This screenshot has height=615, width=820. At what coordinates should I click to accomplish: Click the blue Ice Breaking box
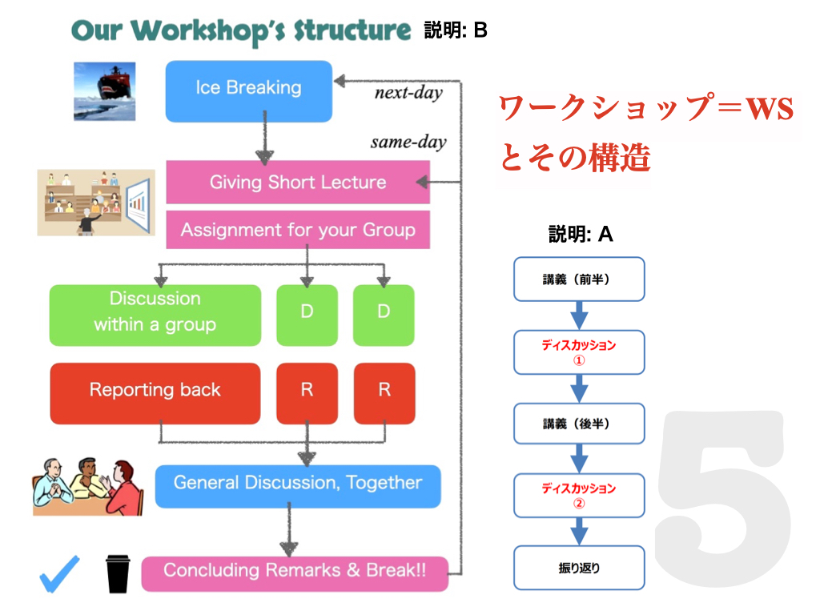(249, 91)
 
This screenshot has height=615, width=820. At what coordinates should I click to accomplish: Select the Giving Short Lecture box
(298, 182)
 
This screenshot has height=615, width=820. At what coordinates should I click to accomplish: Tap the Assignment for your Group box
(298, 230)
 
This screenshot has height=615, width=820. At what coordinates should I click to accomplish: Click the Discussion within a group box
(155, 316)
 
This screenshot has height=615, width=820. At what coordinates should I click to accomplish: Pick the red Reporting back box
(155, 393)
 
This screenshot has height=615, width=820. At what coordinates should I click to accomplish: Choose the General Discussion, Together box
(298, 486)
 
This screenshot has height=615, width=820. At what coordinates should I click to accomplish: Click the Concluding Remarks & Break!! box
(295, 573)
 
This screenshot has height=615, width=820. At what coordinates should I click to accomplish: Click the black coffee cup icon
(118, 573)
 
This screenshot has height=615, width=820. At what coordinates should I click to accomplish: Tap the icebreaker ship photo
(105, 91)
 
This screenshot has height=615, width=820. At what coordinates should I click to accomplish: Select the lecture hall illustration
(96, 203)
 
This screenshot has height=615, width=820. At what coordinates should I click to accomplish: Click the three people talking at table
(88, 487)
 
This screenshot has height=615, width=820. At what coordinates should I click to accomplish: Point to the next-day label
(408, 93)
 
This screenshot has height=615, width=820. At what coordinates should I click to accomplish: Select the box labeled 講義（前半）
(579, 279)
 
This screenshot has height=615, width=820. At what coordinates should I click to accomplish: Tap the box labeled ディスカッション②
(579, 495)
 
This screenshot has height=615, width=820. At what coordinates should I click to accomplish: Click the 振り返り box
(579, 568)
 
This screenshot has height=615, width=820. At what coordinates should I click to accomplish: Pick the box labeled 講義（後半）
(579, 424)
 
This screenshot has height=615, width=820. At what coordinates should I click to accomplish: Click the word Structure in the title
(352, 30)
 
